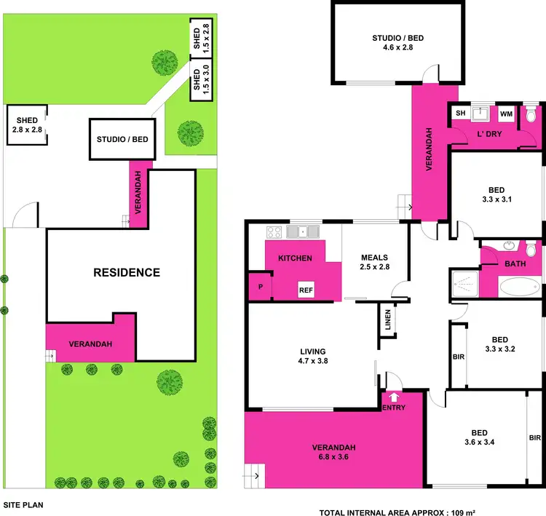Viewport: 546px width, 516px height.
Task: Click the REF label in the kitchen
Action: coord(306,290)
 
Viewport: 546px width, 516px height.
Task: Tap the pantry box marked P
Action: coord(260,287)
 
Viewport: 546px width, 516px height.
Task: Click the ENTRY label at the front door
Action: coord(393,408)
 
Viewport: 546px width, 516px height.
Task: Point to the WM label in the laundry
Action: coord(506,114)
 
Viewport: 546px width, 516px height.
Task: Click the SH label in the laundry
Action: coord(460,114)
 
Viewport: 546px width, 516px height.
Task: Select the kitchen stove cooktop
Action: coord(275,233)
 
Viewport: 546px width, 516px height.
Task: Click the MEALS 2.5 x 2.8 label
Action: coord(375,262)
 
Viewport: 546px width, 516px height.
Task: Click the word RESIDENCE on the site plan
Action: coord(127,273)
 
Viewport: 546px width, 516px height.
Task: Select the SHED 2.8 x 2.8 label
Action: coord(28,125)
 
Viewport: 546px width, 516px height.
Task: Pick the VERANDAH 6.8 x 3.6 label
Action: coord(334,452)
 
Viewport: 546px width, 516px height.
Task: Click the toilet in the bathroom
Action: coord(531,250)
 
